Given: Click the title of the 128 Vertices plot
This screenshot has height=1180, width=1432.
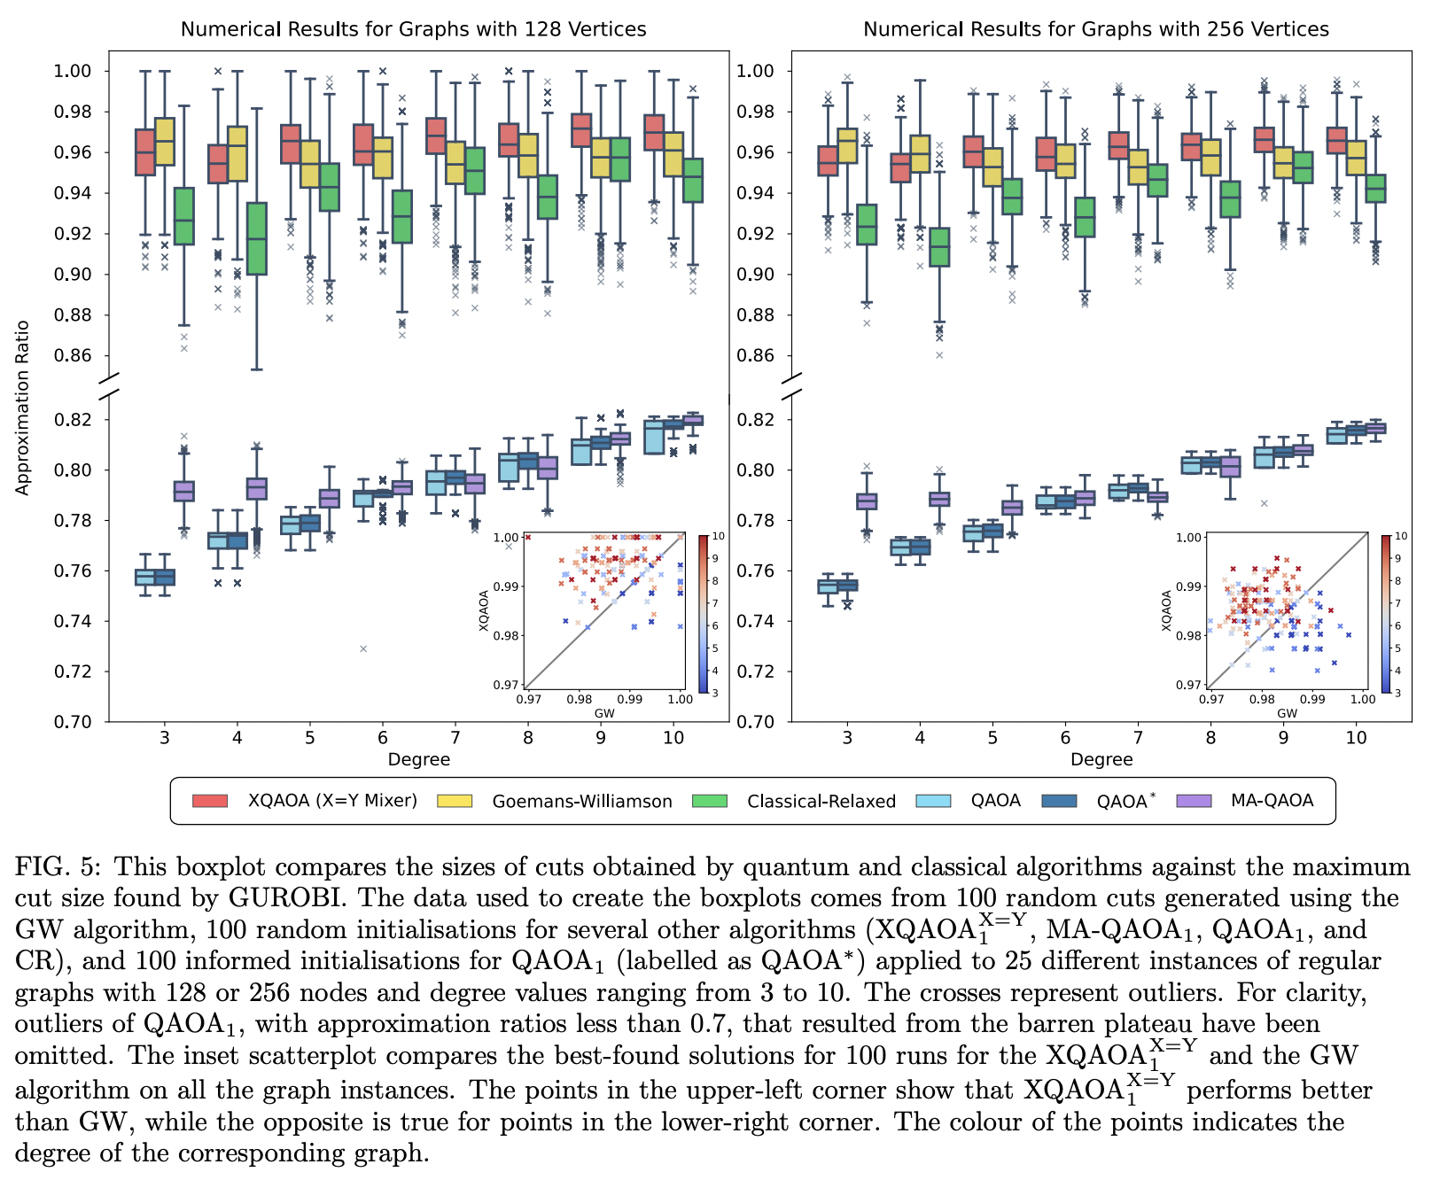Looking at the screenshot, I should [413, 29].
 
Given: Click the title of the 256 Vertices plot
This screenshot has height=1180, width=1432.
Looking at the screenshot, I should [1096, 29].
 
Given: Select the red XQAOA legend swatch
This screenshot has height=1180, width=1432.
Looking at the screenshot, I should [210, 801].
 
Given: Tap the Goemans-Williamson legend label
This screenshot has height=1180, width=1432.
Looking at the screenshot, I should [582, 802].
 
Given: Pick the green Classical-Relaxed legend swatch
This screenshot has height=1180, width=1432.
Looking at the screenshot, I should [709, 801].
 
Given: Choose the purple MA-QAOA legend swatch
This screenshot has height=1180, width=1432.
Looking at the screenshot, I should [1194, 801].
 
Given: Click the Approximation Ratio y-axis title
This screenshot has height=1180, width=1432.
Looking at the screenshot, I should [23, 408].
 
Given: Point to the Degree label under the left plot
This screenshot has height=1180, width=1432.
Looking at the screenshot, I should [418, 759].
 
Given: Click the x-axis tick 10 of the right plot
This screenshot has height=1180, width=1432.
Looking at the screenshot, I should [1357, 737].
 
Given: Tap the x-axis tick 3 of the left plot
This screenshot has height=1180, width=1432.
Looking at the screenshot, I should [165, 737].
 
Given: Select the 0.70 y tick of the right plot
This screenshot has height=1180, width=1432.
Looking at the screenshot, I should [755, 722].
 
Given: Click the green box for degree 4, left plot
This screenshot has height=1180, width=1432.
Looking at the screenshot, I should [256, 239].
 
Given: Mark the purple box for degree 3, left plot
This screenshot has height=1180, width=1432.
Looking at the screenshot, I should [183, 491].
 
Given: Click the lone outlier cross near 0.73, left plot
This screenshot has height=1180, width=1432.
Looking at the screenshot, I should [363, 648].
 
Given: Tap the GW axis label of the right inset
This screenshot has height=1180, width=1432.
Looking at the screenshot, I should [1287, 713].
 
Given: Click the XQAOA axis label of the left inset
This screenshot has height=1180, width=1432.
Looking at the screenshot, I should [484, 610].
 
